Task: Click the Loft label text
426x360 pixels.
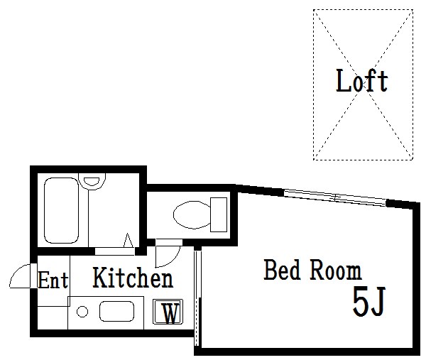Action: point(361,80)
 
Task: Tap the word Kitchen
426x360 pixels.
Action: point(133,278)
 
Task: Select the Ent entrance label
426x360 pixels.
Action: point(53,280)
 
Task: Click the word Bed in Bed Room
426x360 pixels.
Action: point(283,270)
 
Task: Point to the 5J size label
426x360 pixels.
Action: point(369,301)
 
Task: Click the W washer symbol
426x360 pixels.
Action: point(168,312)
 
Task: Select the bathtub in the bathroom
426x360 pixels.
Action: point(61,210)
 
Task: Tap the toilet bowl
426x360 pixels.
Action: point(192,214)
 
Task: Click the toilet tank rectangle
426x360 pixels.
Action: point(219,214)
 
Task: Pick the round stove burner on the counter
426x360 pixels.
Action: point(82,312)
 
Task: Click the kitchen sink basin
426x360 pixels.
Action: point(117,312)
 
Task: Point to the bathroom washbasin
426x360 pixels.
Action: point(92,181)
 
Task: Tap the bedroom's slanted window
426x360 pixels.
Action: point(334,198)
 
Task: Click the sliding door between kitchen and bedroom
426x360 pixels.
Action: point(197,298)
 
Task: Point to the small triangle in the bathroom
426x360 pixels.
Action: point(129,241)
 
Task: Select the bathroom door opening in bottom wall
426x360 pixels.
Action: point(114,251)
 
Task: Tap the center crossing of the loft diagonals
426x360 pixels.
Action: point(363,84)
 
